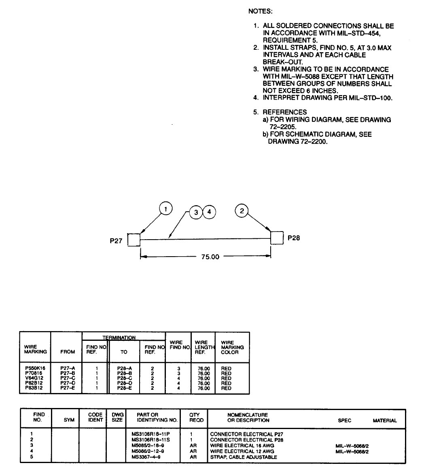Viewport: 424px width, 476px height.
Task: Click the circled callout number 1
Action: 166,209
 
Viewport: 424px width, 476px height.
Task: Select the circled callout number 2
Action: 242,210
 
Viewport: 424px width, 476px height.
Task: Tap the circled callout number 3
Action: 196,212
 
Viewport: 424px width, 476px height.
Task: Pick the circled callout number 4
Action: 209,212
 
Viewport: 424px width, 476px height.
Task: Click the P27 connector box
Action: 134,240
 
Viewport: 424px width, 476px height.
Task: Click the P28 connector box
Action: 277,238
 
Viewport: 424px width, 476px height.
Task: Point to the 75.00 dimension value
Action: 210,257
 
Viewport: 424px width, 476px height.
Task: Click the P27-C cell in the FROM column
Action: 67,378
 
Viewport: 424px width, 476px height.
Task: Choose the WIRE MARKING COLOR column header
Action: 232,347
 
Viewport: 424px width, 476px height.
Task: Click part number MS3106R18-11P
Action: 155,434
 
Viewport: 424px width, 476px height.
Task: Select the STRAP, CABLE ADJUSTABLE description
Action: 244,457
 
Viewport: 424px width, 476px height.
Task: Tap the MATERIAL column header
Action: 384,421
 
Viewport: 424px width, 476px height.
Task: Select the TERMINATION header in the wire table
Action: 124,337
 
